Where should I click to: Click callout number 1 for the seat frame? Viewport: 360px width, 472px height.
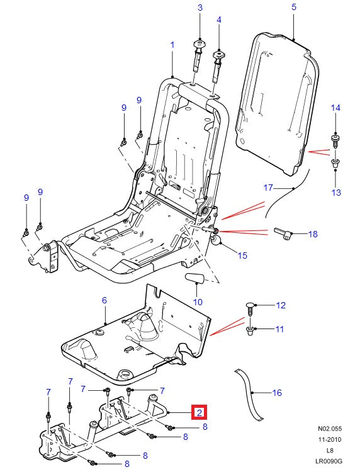point(172,45)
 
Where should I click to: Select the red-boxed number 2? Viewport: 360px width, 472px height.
point(199,413)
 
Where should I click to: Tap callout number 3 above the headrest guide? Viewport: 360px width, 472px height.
point(200,8)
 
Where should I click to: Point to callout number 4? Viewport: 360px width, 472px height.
point(219,20)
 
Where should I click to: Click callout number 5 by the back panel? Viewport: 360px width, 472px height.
point(293,8)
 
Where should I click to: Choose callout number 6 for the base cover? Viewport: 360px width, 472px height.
point(105,301)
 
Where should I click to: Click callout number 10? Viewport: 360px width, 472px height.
point(198,302)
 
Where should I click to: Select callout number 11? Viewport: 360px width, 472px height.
point(280,329)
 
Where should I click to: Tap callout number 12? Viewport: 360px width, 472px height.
point(280,306)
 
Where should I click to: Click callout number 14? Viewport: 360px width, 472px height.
point(335,108)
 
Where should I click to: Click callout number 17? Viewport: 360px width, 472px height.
point(267,188)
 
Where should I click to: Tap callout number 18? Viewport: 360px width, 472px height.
point(313,234)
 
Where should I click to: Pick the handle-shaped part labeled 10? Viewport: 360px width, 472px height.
point(195,278)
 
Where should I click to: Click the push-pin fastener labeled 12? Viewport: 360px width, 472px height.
point(250,308)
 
